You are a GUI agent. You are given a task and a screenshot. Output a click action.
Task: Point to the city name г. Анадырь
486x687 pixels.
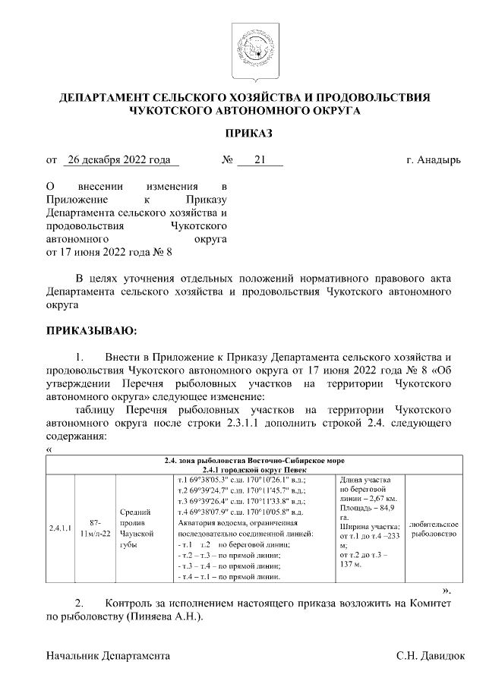(x=434, y=160)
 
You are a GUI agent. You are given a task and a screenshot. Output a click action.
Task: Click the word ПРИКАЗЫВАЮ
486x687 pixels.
(x=92, y=331)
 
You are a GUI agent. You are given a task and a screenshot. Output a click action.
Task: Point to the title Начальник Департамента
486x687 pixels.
(x=108, y=654)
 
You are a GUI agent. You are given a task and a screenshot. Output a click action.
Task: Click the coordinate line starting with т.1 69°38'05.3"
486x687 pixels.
(x=241, y=481)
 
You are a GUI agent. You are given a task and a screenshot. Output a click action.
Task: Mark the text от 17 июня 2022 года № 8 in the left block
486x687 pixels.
(x=109, y=253)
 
